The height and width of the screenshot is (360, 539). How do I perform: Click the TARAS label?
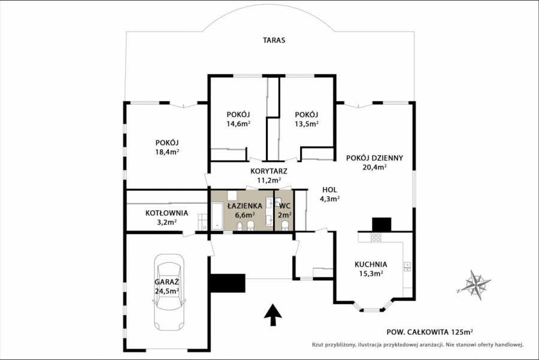[274, 40]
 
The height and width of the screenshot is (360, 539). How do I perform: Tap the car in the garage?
[169, 292]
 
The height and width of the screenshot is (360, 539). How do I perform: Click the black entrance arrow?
[273, 314]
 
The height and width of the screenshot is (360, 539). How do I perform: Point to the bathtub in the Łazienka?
[217, 216]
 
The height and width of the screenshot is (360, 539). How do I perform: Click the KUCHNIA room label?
[371, 264]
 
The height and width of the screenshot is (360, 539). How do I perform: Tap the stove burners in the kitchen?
[376, 237]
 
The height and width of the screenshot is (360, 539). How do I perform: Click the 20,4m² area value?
[374, 167]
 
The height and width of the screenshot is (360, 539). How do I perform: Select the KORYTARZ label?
[269, 171]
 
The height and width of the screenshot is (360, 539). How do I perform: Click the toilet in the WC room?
[284, 226]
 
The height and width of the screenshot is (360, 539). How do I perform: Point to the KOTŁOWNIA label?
[166, 213]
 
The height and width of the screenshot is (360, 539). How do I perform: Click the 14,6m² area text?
[238, 123]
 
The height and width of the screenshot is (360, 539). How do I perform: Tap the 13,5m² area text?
[307, 123]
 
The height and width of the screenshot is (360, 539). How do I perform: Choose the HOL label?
[329, 189]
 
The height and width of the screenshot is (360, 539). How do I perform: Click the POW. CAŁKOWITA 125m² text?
[430, 332]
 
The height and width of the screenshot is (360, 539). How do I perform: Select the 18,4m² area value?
[167, 152]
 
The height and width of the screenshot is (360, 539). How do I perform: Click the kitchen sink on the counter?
[407, 267]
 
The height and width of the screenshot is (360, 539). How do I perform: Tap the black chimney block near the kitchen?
[381, 225]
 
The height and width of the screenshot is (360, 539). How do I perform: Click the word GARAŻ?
[166, 282]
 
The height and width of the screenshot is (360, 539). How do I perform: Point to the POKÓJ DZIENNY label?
[374, 158]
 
